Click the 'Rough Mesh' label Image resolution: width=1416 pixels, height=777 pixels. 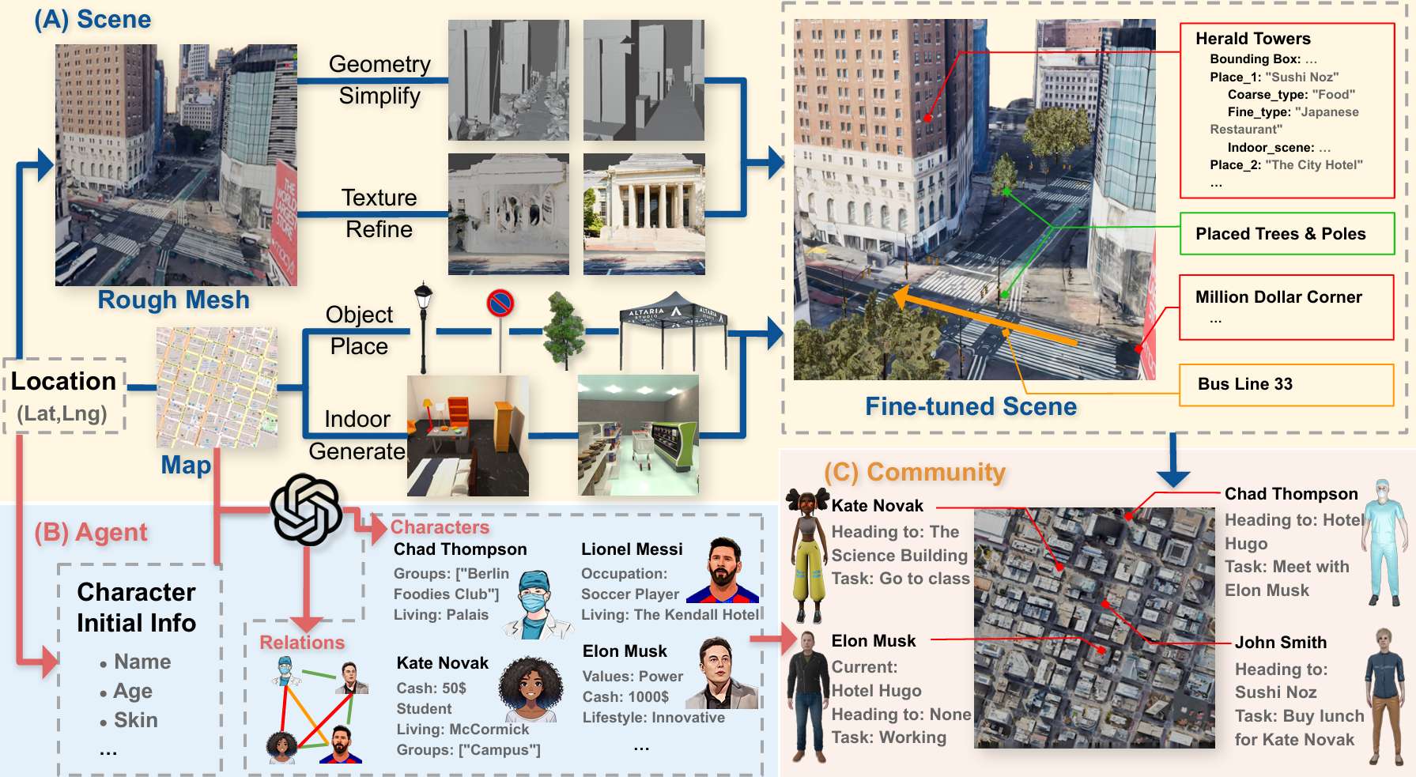pos(173,300)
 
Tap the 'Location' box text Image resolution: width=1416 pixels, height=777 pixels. pos(63,382)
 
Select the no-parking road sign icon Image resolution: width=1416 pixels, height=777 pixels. pos(500,303)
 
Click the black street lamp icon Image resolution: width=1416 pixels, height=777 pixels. pos(424,324)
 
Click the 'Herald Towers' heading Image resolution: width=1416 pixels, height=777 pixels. pos(1252,39)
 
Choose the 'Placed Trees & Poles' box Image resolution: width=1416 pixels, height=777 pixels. pos(1286,234)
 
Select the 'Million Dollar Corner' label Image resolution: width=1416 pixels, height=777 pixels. pos(1278,297)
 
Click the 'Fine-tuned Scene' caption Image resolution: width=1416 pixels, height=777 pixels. pos(971,406)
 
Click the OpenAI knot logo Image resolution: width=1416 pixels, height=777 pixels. pos(306,510)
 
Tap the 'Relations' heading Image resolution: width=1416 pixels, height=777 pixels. pos(302,643)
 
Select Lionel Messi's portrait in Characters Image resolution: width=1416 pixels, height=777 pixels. pos(723,571)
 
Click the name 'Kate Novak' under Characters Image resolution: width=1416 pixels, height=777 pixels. pos(442,663)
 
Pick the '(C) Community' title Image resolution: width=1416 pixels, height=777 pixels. pos(915,472)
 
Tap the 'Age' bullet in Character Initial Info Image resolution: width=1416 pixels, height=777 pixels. pos(133,692)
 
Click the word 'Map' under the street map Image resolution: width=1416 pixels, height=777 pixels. pos(186,465)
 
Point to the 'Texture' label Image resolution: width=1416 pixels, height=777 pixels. pos(379,198)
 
